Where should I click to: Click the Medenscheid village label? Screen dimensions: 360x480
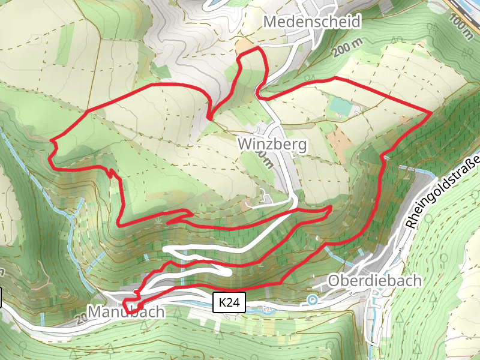(312, 22)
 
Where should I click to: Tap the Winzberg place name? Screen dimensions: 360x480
(272, 145)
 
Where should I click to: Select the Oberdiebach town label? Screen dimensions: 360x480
(375, 281)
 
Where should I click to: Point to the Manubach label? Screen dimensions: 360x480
(126, 312)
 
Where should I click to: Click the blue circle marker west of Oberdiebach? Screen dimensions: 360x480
(311, 299)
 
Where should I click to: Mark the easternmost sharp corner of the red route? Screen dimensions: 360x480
(432, 112)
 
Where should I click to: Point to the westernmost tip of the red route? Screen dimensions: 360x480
(50, 141)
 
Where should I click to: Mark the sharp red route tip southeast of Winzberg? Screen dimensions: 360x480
(331, 206)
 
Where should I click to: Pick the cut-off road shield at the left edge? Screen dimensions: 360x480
(1, 298)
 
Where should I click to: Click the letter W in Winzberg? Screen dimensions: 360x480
(244, 145)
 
